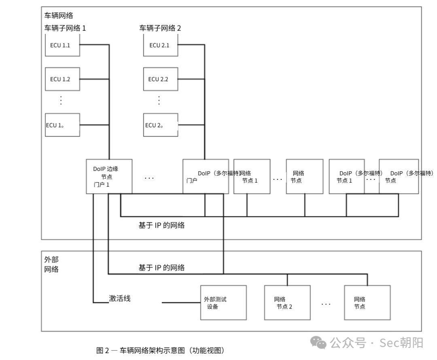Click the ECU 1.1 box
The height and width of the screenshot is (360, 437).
(62, 45)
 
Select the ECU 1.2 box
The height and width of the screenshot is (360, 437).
(62, 79)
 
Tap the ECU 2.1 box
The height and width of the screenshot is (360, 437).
(161, 45)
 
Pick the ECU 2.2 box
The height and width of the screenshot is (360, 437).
(161, 79)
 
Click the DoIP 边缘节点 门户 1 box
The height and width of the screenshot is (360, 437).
(109, 177)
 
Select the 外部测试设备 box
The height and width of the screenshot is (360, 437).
(223, 302)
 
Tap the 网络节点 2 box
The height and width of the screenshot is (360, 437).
(287, 302)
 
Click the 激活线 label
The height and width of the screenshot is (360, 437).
(119, 298)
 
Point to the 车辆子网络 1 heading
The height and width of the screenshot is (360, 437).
(65, 28)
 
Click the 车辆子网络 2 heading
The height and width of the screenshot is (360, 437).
(160, 28)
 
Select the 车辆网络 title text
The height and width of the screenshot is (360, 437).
(59, 16)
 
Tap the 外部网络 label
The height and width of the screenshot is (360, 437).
(51, 264)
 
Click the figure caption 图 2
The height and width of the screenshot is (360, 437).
(160, 350)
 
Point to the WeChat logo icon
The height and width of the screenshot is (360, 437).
(318, 343)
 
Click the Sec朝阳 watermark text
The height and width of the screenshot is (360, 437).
(401, 343)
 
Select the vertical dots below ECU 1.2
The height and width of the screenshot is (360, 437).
(61, 100)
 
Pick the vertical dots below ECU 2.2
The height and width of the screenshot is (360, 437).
(159, 100)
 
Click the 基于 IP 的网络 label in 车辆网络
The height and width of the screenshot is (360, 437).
(161, 225)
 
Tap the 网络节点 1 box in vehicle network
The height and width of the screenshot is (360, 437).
(252, 177)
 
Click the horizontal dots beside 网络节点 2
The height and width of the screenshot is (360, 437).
(326, 304)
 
